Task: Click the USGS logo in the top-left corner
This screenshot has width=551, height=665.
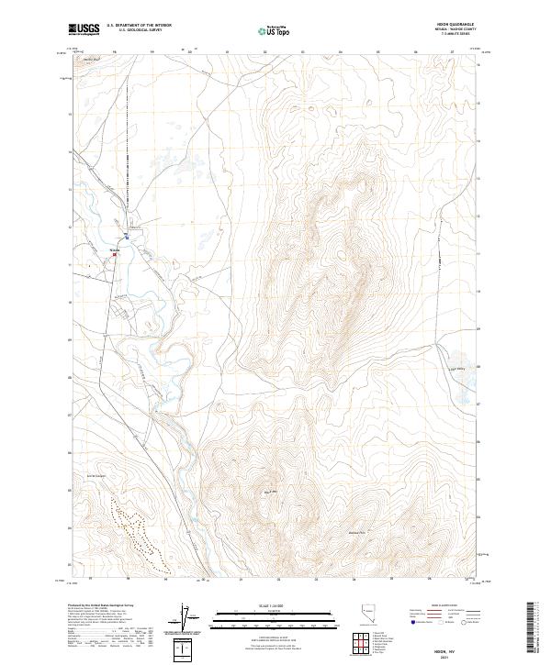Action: (84, 29)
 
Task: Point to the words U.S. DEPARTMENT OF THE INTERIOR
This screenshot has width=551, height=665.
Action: (139, 26)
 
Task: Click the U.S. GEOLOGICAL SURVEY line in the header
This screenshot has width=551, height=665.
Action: (139, 30)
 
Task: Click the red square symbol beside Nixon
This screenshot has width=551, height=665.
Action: (115, 255)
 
